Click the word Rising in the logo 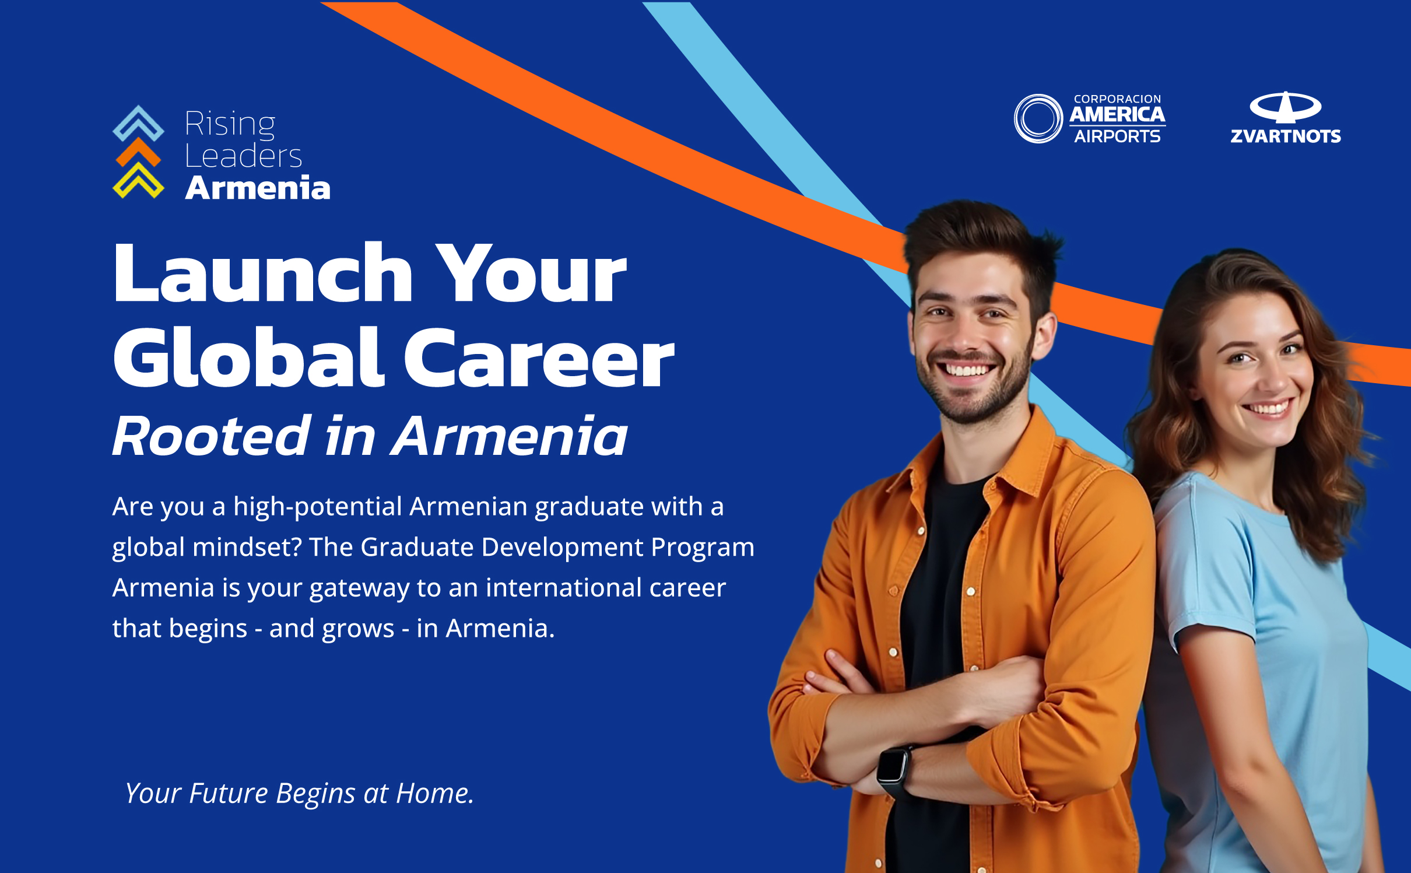(230, 125)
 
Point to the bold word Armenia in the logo (258, 188)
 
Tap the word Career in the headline (539, 357)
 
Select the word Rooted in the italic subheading (212, 435)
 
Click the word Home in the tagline (433, 793)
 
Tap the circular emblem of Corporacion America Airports (1038, 118)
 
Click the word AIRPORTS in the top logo (1117, 136)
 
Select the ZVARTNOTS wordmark (1286, 136)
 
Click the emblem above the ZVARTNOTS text (1286, 107)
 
